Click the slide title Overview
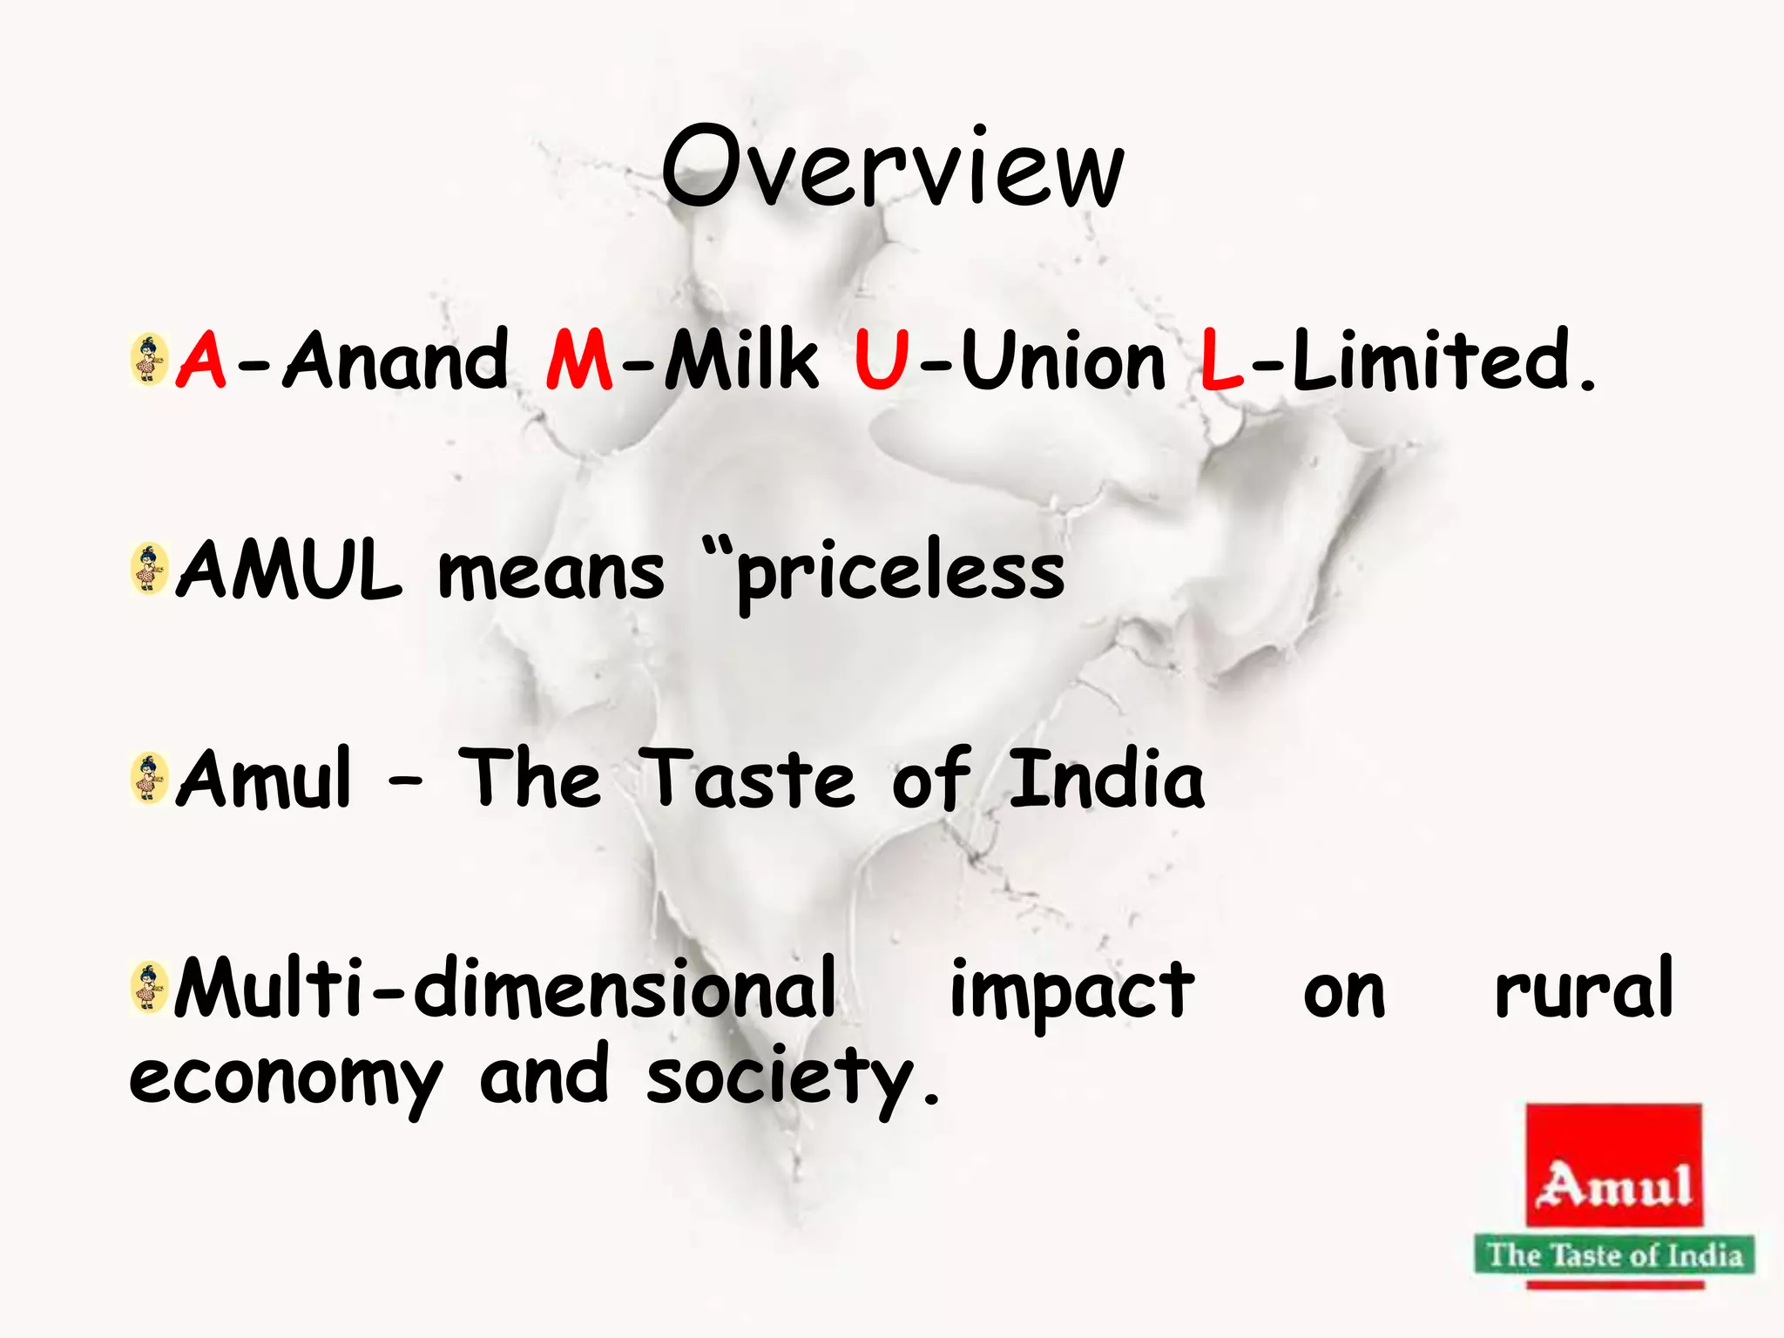pyautogui.click(x=892, y=167)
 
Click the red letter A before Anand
pyautogui.click(x=201, y=360)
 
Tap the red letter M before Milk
pyautogui.click(x=579, y=360)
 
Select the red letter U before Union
pyautogui.click(x=882, y=360)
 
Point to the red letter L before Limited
pyautogui.click(x=1220, y=360)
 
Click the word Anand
pyautogui.click(x=396, y=360)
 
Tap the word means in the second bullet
pyautogui.click(x=551, y=572)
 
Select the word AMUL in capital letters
pyautogui.click(x=289, y=571)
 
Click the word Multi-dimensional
pyautogui.click(x=505, y=988)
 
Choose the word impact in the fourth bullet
pyautogui.click(x=1072, y=991)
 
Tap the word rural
pyautogui.click(x=1584, y=988)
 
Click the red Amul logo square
pyautogui.click(x=1614, y=1165)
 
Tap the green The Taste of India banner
pyautogui.click(x=1614, y=1255)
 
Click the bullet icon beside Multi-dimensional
pyautogui.click(x=149, y=987)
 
